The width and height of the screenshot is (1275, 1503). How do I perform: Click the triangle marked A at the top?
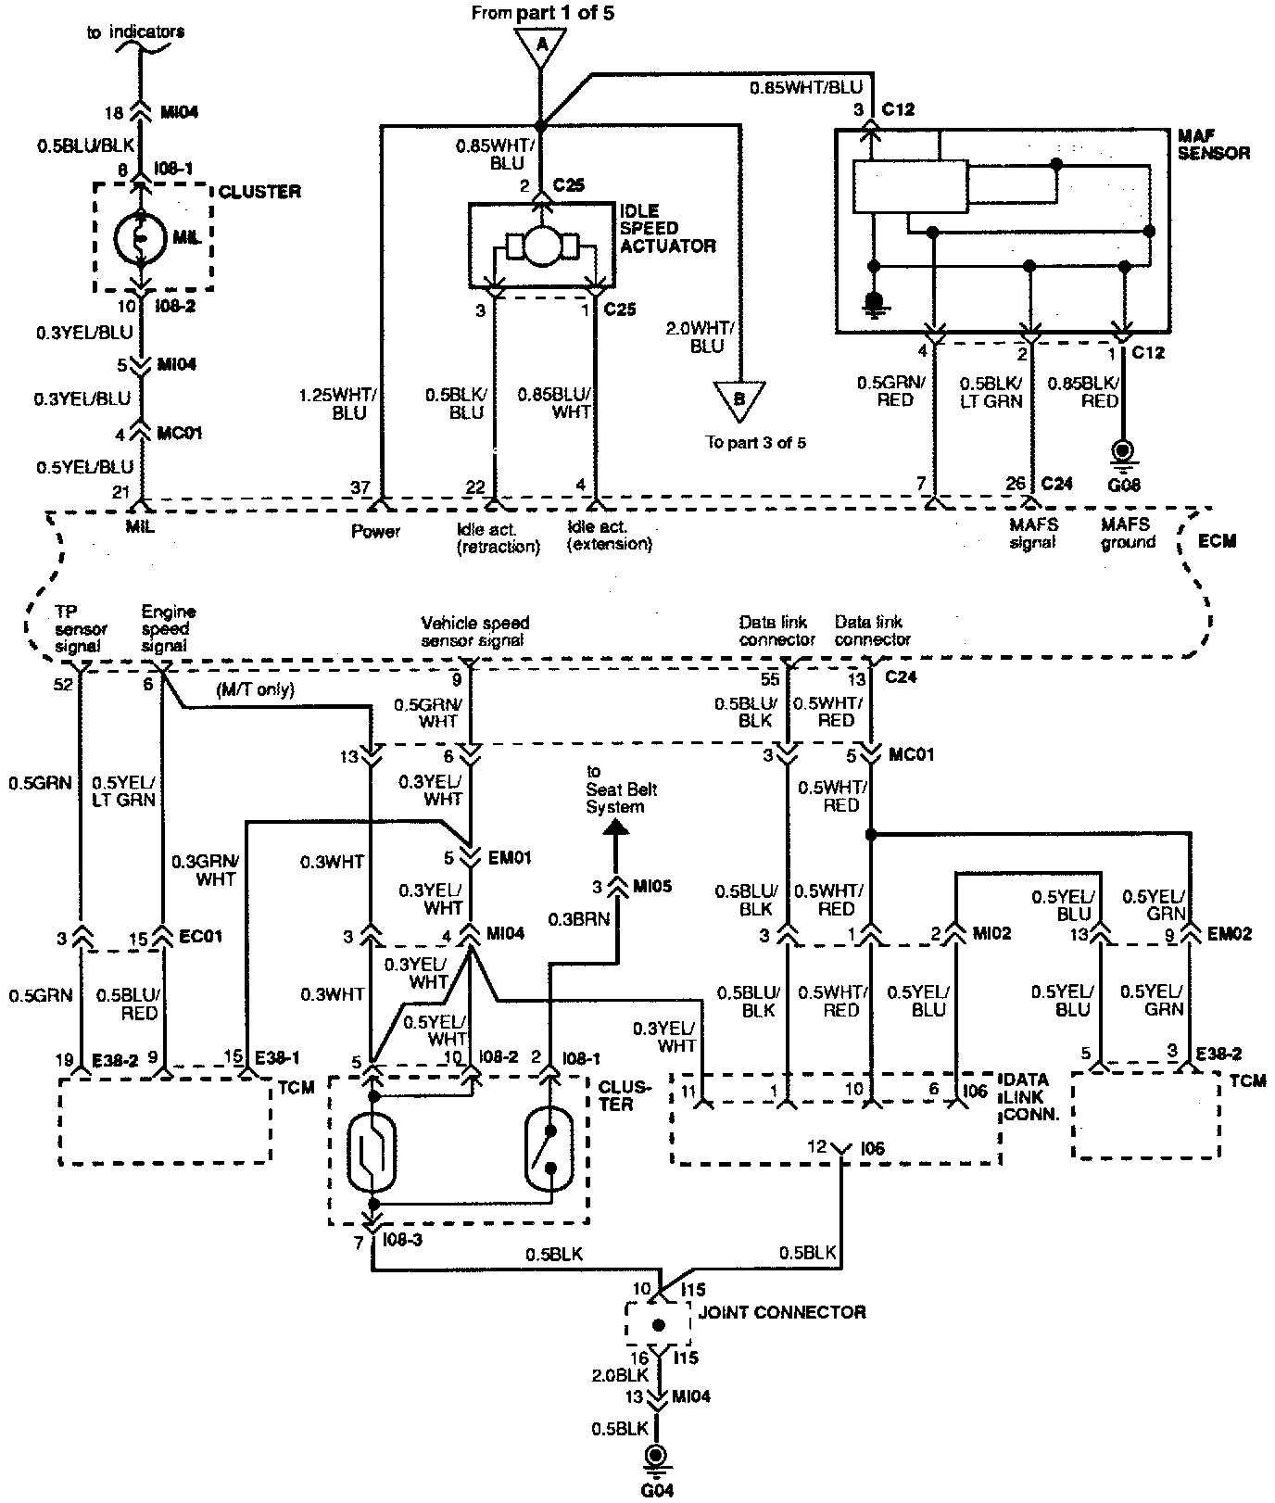click(x=539, y=44)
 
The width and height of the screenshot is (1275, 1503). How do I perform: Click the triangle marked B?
click(x=739, y=397)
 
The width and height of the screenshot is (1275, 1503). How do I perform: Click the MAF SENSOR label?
click(x=1213, y=145)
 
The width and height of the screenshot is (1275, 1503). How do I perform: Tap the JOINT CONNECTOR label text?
click(x=782, y=1312)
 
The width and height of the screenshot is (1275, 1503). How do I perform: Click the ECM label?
click(x=1217, y=540)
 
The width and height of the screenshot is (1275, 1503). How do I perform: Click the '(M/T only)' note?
click(x=255, y=689)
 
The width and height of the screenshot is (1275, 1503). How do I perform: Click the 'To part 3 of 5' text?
click(x=755, y=442)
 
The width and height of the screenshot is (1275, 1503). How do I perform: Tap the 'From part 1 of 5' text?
click(x=542, y=13)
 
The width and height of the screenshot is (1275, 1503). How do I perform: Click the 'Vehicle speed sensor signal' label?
click(x=474, y=631)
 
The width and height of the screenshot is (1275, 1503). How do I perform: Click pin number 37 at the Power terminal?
click(x=360, y=486)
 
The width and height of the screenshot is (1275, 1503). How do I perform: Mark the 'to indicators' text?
click(x=135, y=32)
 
